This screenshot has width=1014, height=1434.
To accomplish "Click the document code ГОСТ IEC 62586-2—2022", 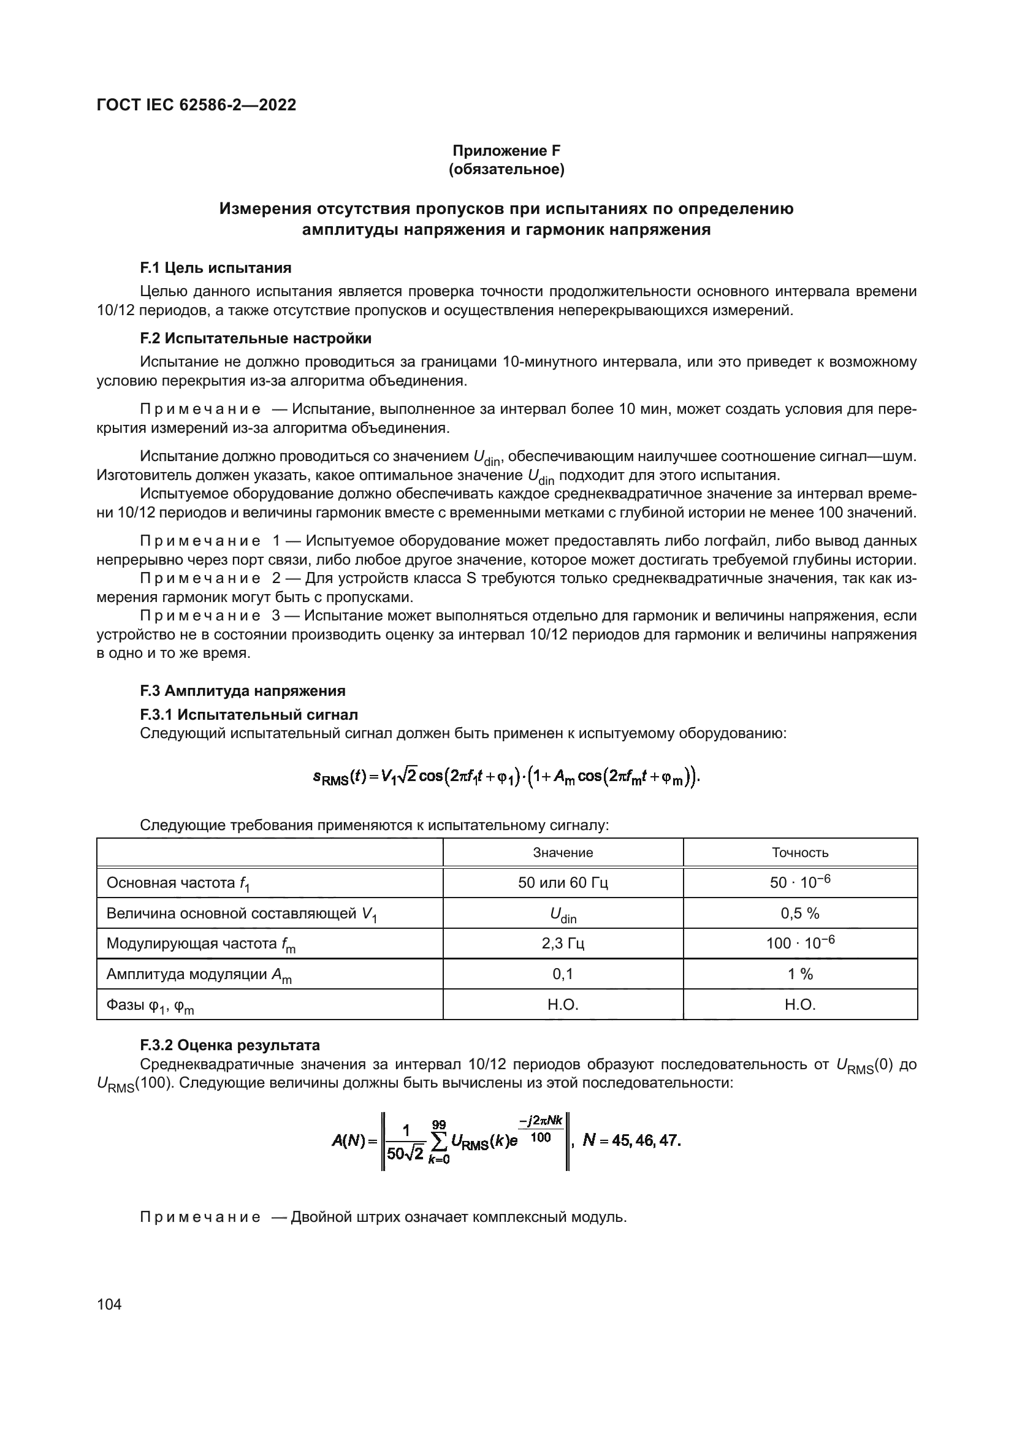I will point(196,105).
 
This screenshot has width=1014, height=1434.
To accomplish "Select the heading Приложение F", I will point(506,151).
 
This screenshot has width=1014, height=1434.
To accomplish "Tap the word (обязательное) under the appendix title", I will point(506,170).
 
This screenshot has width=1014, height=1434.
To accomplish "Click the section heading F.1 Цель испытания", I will point(215,268).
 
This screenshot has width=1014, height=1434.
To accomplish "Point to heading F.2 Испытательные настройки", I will point(256,338).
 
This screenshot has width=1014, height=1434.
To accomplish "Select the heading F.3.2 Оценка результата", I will point(230,1045).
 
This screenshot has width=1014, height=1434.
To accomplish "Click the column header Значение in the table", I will point(563,853).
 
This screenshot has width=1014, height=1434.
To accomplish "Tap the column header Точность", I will point(800,853).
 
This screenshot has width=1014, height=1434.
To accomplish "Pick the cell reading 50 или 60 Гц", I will point(563,882).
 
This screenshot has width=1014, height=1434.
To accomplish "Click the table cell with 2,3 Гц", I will point(563,943).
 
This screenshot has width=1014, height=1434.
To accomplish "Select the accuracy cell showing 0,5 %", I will point(800,913).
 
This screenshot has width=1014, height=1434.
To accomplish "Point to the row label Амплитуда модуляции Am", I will point(199,974).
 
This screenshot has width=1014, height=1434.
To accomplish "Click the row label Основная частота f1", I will point(178,883).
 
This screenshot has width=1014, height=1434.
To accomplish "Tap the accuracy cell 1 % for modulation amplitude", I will point(800,974).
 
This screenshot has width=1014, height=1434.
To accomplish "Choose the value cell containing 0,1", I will point(563,974).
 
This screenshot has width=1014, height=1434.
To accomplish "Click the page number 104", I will point(109,1305).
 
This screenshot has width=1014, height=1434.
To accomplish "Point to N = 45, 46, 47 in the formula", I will point(631,1140).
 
